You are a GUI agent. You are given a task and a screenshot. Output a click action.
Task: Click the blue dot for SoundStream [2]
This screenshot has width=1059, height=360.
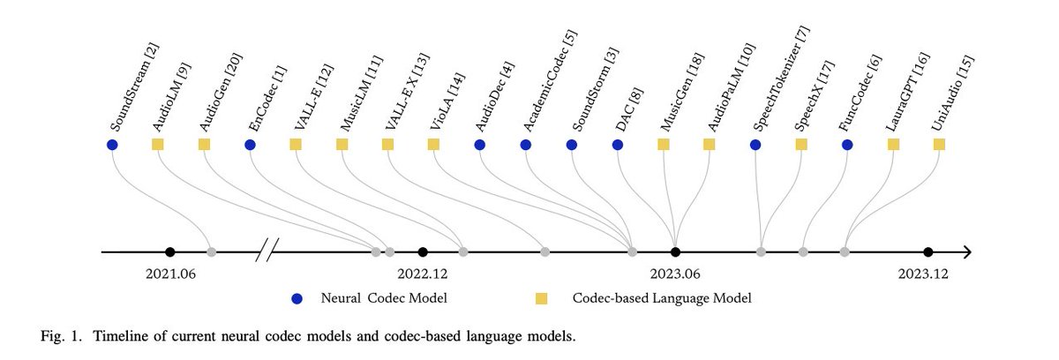coord(112,144)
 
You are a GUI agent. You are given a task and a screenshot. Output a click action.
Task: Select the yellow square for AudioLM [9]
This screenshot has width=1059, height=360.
coord(158,144)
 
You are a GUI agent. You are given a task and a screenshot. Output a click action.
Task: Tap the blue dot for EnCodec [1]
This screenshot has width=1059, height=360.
coord(250,144)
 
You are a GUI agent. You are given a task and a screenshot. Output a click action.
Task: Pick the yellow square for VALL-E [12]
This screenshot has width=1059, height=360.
coord(296,144)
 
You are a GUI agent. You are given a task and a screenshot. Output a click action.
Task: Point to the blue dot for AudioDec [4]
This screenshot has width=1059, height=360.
coord(479,144)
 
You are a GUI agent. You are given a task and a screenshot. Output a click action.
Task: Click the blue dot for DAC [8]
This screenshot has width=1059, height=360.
coord(618,144)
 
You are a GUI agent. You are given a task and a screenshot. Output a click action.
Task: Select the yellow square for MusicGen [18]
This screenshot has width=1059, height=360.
coord(664,144)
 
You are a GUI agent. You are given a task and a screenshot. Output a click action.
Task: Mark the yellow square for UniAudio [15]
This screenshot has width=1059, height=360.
coord(939,144)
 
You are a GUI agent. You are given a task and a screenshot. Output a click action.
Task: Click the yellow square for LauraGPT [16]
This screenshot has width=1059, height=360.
coord(893,144)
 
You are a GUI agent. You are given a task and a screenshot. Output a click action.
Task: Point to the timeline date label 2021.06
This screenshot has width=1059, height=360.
coord(170,274)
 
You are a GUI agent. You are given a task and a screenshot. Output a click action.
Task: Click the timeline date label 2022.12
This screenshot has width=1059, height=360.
coord(423,274)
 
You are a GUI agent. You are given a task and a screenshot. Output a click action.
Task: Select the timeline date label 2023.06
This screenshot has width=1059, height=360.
coord(675,274)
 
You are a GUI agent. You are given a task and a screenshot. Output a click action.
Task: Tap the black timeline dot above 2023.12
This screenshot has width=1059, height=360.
coord(928,252)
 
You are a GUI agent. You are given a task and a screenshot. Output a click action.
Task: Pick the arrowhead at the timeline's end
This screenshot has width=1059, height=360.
coord(966,252)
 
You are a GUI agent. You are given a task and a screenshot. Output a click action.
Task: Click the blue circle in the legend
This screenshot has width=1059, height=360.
coord(298,298)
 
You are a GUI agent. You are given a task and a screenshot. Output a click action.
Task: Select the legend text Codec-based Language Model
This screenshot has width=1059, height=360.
coord(662,298)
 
